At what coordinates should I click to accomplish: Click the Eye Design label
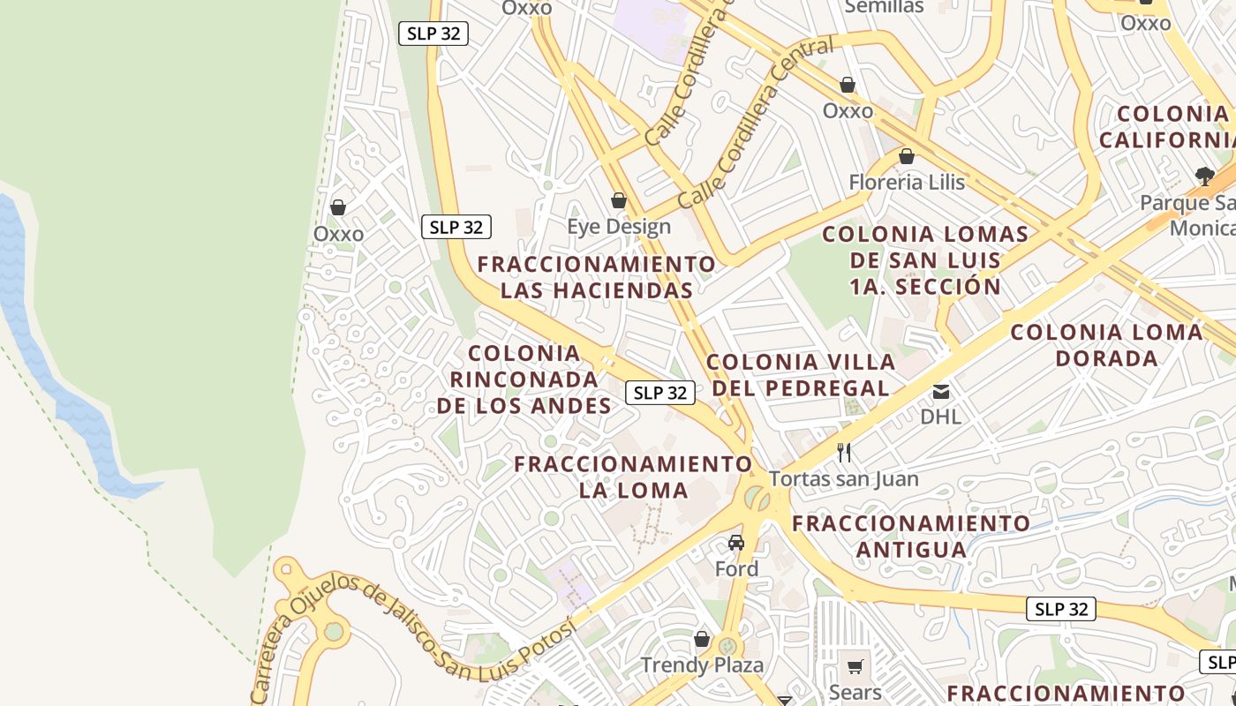click(x=619, y=227)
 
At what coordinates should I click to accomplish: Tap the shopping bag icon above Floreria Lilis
click(x=907, y=157)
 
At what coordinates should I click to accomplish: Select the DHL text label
click(x=940, y=416)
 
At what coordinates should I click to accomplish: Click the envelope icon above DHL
click(x=941, y=391)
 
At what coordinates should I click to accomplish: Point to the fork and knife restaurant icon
click(x=844, y=453)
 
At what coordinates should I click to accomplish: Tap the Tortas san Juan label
click(x=843, y=479)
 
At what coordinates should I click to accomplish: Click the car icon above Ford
click(x=736, y=542)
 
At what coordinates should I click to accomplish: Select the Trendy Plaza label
click(x=702, y=665)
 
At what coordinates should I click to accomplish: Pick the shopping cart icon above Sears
click(x=855, y=666)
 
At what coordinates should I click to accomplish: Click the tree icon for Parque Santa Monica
click(x=1204, y=176)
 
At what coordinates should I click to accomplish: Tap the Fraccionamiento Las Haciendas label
click(x=597, y=277)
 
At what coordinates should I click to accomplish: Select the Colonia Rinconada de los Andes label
click(x=524, y=379)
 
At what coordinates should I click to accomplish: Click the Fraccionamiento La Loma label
click(x=633, y=477)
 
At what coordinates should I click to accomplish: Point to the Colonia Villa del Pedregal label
click(x=801, y=375)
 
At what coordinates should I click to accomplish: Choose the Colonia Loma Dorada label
click(x=1106, y=345)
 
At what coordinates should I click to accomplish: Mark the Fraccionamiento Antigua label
click(x=911, y=536)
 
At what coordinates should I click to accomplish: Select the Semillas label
click(x=884, y=7)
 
